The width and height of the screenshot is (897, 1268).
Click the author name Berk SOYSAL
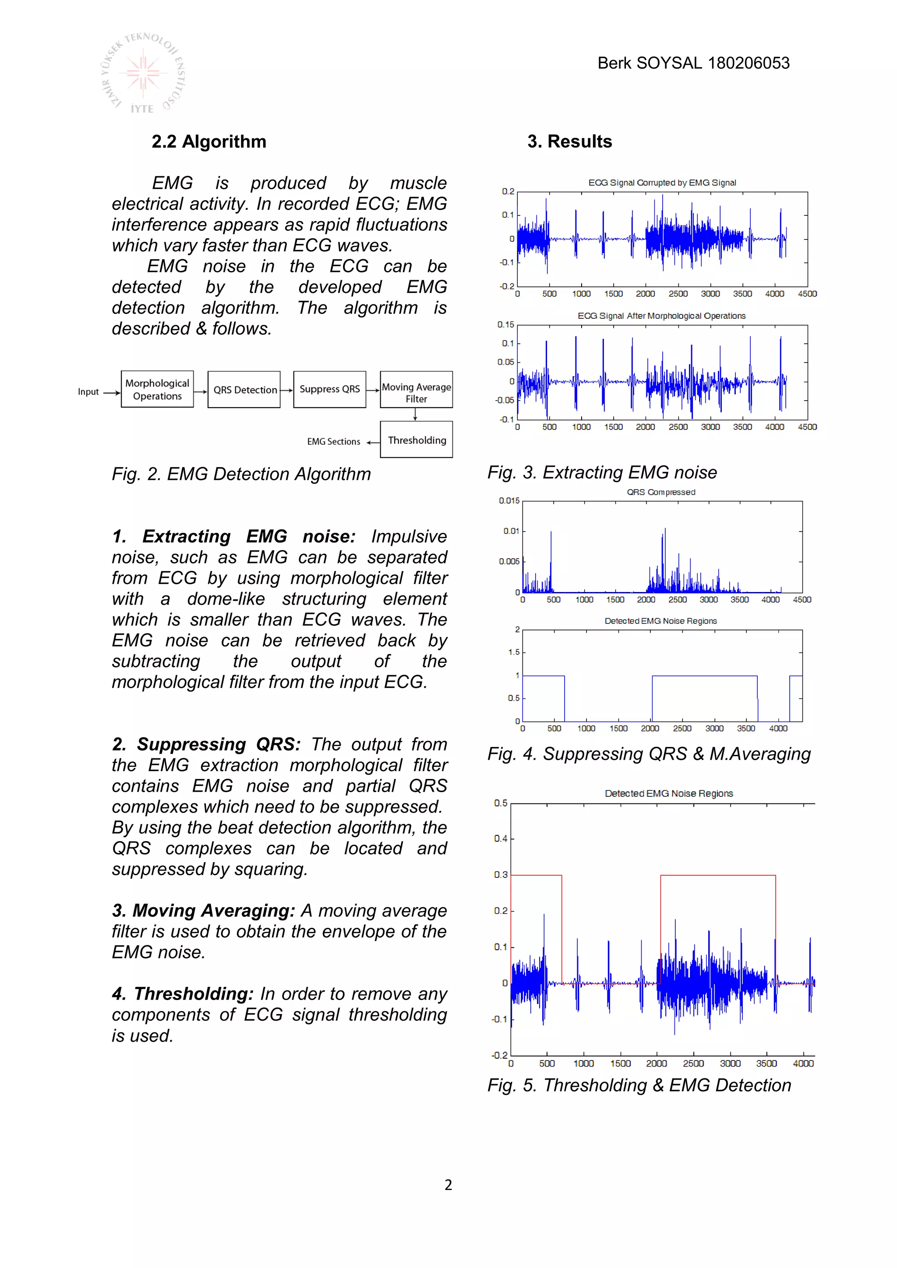coord(651,63)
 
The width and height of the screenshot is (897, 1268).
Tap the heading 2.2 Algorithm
coord(209,142)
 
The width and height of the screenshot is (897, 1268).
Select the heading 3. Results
coord(569,142)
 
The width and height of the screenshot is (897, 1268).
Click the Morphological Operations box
coord(157,389)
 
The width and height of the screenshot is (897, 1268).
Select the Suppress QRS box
coord(330,389)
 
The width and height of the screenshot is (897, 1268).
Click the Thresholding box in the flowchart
coord(417,440)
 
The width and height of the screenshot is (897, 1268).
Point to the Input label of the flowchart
coord(88,392)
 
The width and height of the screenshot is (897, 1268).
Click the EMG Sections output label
coord(334,442)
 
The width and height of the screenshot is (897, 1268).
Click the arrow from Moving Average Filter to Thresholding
coord(415,415)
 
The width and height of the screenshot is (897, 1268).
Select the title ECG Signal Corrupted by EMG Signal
coord(662,183)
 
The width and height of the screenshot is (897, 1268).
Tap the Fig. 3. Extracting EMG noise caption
coord(602,473)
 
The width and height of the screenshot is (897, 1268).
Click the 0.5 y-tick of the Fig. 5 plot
coord(501,803)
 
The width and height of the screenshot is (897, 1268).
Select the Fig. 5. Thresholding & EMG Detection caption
coord(639,1085)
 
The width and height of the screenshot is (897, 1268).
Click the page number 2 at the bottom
coord(448,1185)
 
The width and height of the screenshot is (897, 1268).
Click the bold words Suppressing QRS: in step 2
coord(218,744)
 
